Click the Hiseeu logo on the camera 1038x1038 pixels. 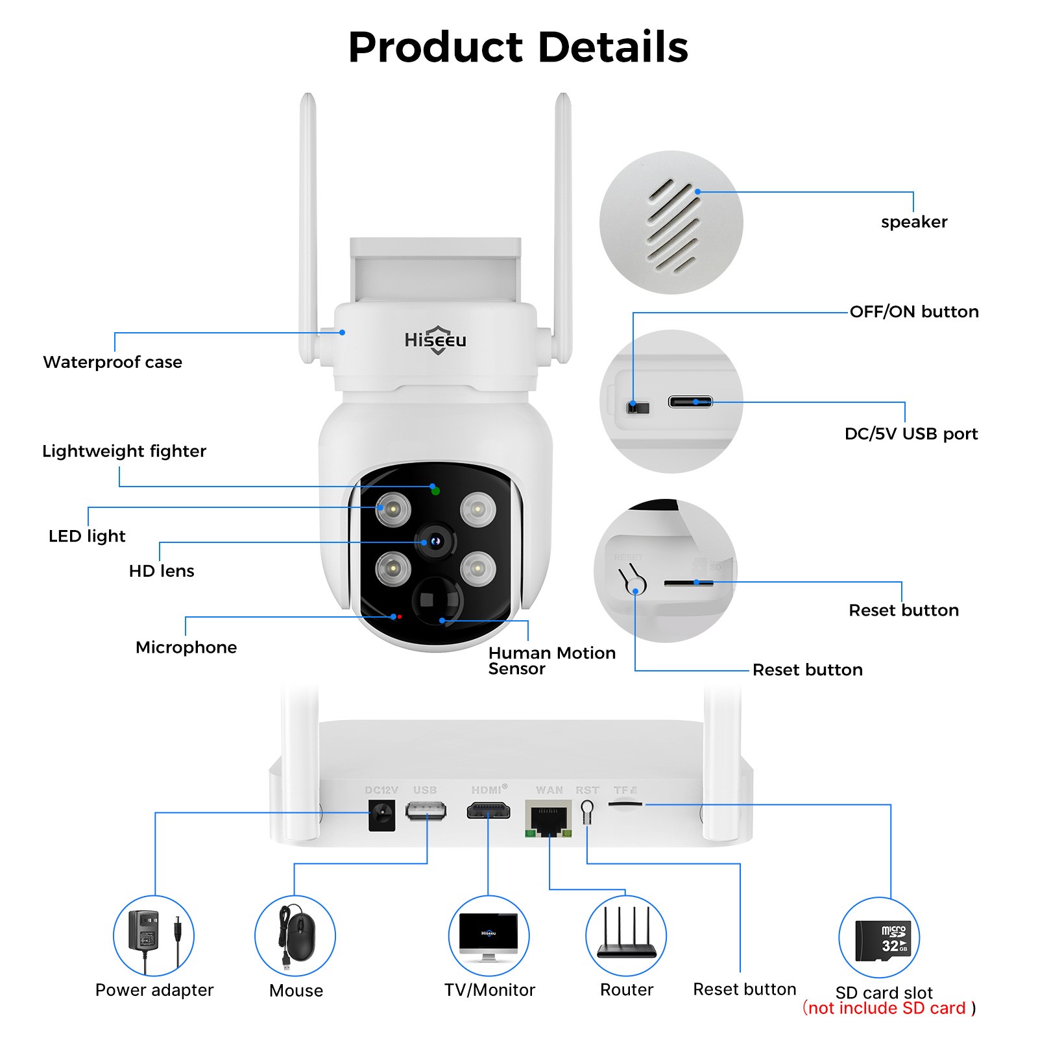(435, 340)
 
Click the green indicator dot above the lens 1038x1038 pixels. (435, 491)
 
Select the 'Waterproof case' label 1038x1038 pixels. (112, 362)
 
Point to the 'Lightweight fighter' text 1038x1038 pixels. (124, 451)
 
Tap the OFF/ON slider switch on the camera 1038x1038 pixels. (638, 407)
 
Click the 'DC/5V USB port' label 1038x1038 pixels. (910, 434)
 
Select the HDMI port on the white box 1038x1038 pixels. (489, 811)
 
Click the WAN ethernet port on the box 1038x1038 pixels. (548, 819)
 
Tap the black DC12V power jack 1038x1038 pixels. (381, 815)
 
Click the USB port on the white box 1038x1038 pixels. (426, 811)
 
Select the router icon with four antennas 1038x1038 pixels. (626, 935)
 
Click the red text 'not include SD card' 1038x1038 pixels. (888, 1008)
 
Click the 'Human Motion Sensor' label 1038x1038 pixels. (551, 660)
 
